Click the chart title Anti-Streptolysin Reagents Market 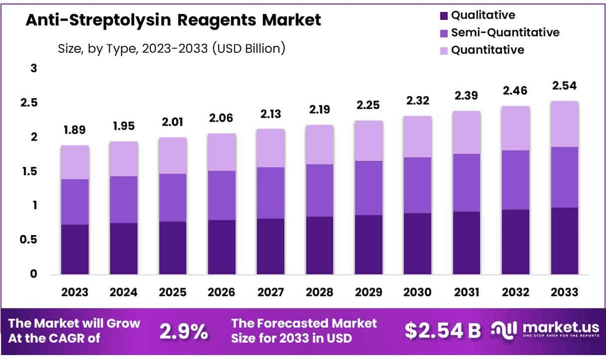coord(173,20)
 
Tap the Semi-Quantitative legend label coord(505,33)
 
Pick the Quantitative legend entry coord(487,50)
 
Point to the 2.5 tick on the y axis coord(30,103)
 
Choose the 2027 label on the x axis coord(270,292)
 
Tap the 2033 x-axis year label coord(564,292)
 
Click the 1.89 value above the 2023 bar coord(75,130)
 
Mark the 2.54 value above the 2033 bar coord(564,86)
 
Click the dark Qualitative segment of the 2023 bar coord(75,249)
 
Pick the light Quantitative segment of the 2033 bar coord(564,124)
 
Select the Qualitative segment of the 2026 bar coord(222,247)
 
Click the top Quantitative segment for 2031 coord(466,132)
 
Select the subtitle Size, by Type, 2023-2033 coord(171,48)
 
